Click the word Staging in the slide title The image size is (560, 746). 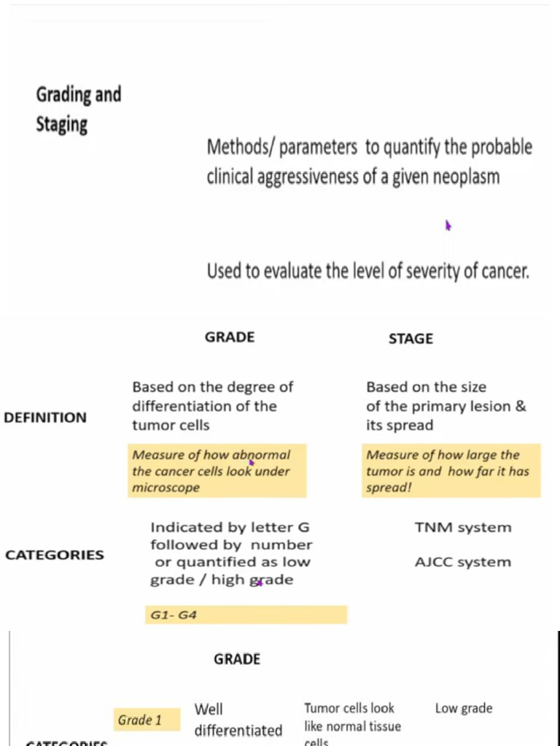pos(62,124)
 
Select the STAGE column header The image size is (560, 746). pos(411,339)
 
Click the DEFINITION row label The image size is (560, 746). pos(45,418)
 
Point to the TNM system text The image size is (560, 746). pos(463,527)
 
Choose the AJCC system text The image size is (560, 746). pos(463,562)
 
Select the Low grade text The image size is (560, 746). pos(464,708)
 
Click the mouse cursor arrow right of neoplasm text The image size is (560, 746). pos(448,226)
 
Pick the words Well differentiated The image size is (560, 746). pos(238,720)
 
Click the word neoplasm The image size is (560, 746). pos(467,177)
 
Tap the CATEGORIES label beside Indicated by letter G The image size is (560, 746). pos(55,555)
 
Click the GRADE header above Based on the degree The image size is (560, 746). pos(230,337)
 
